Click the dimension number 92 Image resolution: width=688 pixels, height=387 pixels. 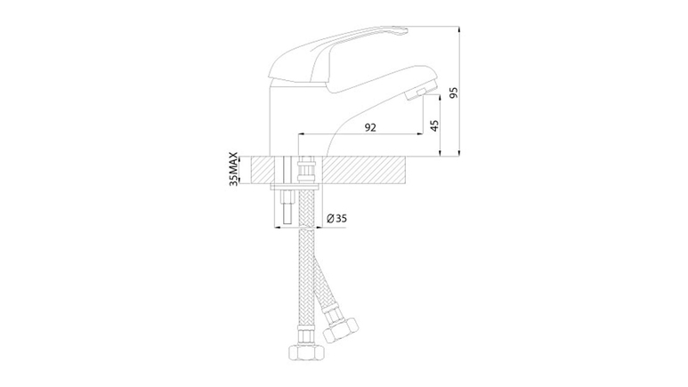pyautogui.click(x=370, y=127)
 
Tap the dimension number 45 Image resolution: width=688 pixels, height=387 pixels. pyautogui.click(x=434, y=126)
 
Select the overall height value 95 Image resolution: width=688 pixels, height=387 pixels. pyautogui.click(x=454, y=93)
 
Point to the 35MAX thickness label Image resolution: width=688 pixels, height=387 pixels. pyautogui.click(x=234, y=169)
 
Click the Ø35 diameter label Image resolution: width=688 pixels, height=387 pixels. pyautogui.click(x=337, y=218)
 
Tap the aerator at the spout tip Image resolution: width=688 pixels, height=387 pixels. pyautogui.click(x=423, y=93)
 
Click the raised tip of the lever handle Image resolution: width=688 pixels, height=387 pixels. pyautogui.click(x=397, y=31)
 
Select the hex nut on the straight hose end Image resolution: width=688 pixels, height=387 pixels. pyautogui.click(x=307, y=351)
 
